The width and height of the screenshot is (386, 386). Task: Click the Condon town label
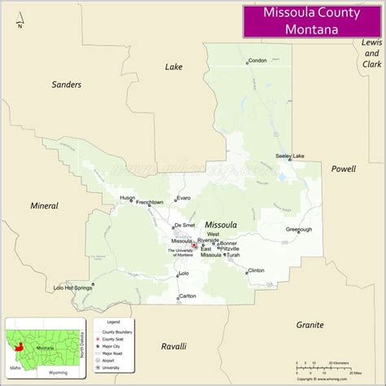(257, 61)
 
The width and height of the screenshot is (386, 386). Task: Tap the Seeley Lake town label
(290, 156)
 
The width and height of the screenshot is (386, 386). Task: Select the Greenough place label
(299, 230)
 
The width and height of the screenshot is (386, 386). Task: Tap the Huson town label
(128, 198)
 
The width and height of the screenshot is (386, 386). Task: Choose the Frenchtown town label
(150, 202)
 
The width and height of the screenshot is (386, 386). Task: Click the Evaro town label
(183, 198)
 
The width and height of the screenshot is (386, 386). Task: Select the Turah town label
(234, 255)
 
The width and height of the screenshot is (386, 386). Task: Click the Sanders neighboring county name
(68, 85)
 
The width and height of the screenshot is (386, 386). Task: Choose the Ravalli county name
(173, 345)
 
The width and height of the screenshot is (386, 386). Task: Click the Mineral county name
(44, 206)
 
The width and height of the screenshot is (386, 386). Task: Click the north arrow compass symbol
(20, 17)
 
